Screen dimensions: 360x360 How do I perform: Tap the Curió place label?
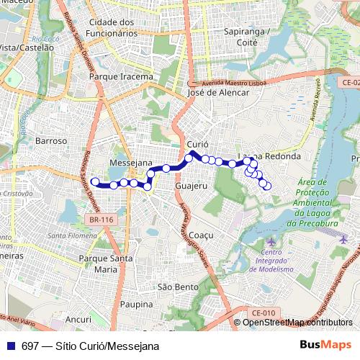coord(197,145)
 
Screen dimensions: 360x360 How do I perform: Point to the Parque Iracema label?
coord(121,76)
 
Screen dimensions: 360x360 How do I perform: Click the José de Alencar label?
coord(217,92)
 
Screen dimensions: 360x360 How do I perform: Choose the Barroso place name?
coord(50,141)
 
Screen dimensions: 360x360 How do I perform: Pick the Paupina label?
coord(137,305)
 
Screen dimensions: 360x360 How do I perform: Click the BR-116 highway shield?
coord(102,220)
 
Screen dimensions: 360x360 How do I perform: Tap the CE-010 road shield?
coord(264,312)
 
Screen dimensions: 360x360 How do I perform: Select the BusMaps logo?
coord(325,345)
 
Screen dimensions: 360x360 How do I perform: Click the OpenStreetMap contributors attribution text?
coord(297,323)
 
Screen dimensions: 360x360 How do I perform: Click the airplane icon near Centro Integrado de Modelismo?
coord(270,240)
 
